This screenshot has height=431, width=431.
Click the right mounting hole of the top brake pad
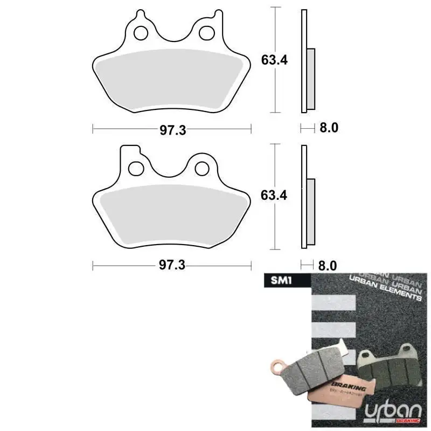[x=206, y=33]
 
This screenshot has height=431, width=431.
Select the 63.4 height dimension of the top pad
[x=274, y=60]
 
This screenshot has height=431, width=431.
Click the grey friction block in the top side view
[x=311, y=77]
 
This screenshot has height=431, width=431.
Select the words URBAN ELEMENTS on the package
[x=385, y=290]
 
